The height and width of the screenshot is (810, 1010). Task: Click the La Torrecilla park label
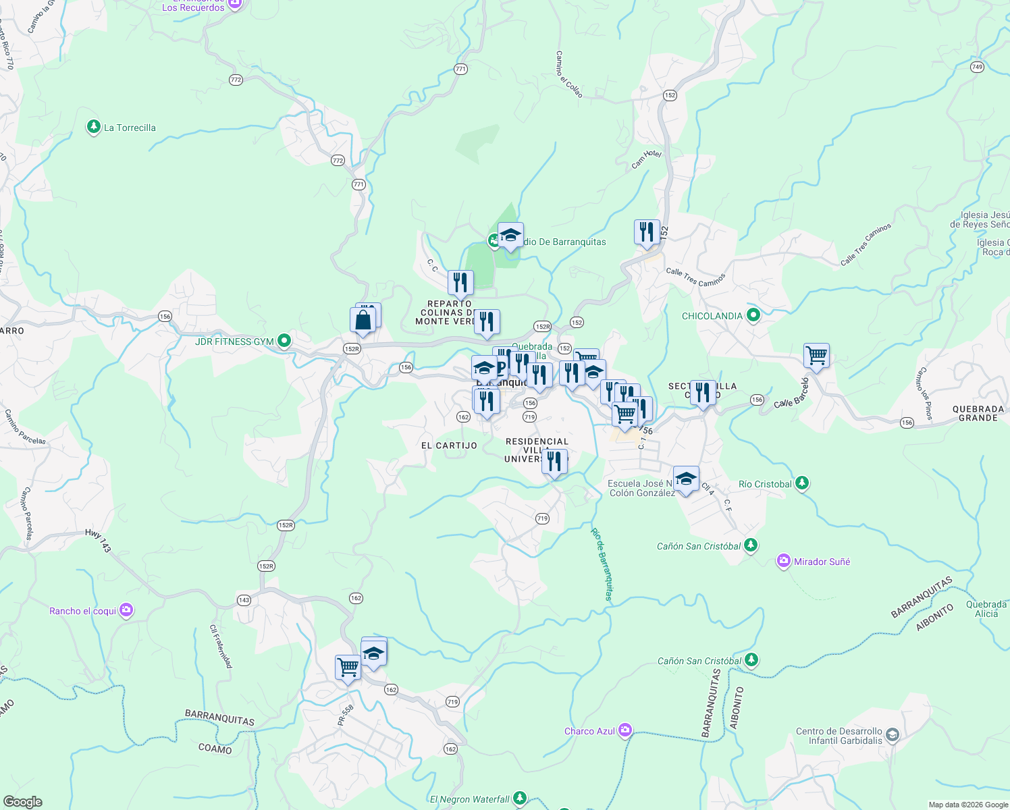[130, 128]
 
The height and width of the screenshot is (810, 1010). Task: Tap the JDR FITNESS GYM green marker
[284, 341]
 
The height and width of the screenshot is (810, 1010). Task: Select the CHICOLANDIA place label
[712, 316]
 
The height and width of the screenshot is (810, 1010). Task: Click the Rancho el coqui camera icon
[126, 611]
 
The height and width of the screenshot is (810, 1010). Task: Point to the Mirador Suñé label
[822, 562]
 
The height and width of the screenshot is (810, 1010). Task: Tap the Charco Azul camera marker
[625, 731]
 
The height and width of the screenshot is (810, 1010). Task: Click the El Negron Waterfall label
[470, 799]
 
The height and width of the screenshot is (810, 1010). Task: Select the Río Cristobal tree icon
[801, 483]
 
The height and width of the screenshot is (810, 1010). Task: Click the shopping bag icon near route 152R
[363, 320]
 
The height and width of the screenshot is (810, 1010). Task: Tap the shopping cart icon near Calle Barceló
[816, 355]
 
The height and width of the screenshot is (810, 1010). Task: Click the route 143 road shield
[244, 600]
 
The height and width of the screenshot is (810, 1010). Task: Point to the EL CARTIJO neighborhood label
[449, 446]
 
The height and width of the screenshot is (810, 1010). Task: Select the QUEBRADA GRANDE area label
[978, 413]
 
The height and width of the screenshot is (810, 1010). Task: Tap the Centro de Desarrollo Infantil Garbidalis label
[839, 736]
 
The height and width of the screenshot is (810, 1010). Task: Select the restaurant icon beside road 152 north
[647, 232]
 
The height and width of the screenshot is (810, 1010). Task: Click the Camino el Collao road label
[569, 74]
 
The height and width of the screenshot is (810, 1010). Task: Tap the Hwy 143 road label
[98, 541]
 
